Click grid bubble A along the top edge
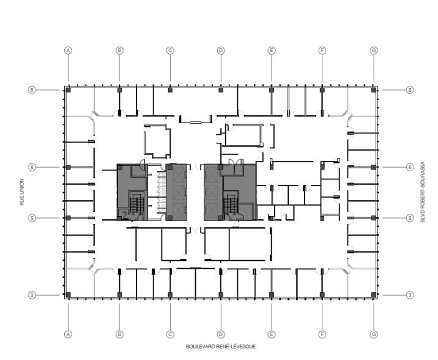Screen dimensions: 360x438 point(69,50)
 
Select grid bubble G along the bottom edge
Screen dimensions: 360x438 point(373,334)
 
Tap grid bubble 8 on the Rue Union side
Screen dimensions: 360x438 point(32,90)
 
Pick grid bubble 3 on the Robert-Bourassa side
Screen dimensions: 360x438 point(410,295)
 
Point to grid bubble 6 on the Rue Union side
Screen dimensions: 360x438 point(32,167)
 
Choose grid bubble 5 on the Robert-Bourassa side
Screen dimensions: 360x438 point(410,217)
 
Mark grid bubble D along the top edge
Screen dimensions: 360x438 point(220,50)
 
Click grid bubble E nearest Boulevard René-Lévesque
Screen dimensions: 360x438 point(271,334)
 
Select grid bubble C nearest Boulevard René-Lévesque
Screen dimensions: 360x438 point(170,334)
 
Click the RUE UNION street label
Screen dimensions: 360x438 point(21,192)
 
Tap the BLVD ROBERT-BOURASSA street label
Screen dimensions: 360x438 point(421,192)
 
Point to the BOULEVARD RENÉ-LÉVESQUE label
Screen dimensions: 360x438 point(221,347)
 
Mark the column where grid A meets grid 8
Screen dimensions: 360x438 point(69,90)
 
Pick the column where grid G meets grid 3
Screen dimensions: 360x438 point(373,295)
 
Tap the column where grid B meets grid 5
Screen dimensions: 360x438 point(120,217)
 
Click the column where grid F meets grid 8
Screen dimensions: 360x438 point(322,90)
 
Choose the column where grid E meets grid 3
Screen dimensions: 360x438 point(271,295)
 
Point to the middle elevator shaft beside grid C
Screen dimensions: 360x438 point(178,192)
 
